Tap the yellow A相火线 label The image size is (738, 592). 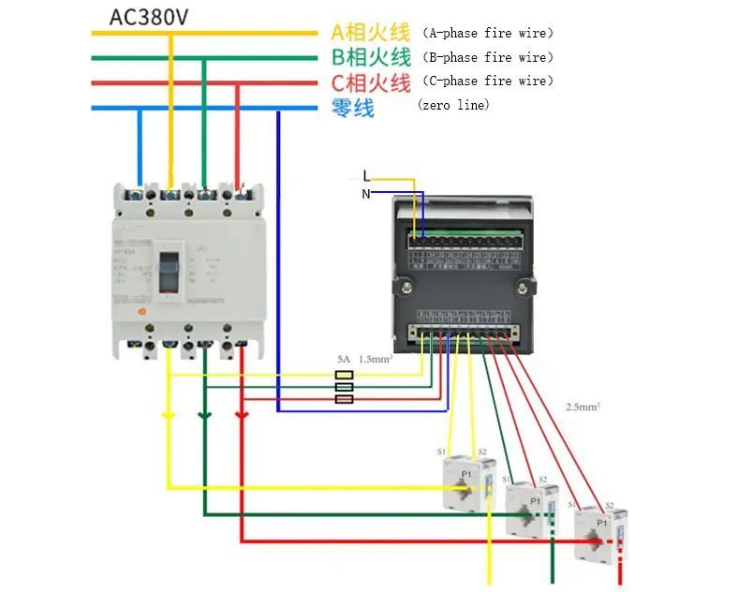point(371,33)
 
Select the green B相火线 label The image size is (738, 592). point(371,58)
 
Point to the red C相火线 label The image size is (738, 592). point(371,82)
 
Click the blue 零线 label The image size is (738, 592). point(353,107)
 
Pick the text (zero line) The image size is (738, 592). point(453,105)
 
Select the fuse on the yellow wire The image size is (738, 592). point(344,375)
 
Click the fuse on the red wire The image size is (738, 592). point(344,399)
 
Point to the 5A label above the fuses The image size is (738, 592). point(344,359)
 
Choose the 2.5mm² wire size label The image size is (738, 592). point(582,407)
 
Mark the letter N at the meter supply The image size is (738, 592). point(366,194)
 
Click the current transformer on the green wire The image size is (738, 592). point(531,510)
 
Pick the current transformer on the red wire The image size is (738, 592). point(596,534)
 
